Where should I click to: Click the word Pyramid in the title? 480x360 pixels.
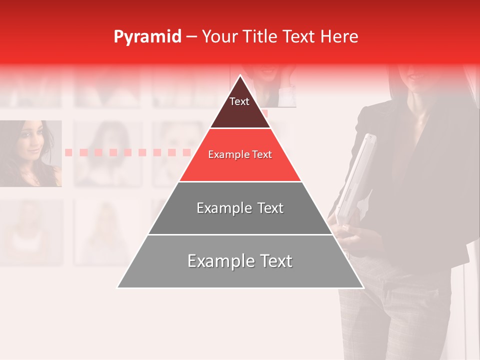[147, 37]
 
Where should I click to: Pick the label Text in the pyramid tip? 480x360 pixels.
[239, 101]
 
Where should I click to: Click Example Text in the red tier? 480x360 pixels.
[240, 155]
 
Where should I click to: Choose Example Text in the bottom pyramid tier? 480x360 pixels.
[240, 261]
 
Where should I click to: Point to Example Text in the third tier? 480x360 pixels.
[240, 208]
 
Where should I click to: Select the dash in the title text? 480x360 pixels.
[191, 37]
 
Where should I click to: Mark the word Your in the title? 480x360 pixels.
[219, 37]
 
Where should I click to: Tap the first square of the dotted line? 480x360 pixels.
[69, 152]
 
